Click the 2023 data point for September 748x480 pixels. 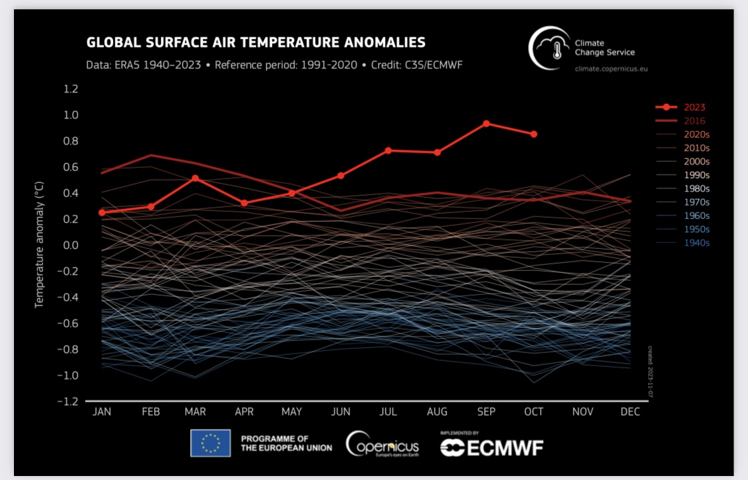(486, 123)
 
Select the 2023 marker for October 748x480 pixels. (534, 134)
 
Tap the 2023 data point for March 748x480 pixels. (195, 178)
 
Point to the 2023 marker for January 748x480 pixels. (102, 212)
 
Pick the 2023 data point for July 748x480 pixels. (388, 150)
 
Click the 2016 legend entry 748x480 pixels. (695, 120)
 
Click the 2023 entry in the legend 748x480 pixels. (695, 107)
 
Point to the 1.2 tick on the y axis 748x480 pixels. (71, 89)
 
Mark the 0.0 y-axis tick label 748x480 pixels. (71, 246)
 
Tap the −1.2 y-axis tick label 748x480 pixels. (69, 402)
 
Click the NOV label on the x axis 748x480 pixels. (582, 412)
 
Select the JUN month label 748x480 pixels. (340, 412)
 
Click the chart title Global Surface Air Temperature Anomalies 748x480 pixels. (256, 43)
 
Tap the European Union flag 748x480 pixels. (210, 443)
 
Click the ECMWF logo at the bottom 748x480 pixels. (491, 447)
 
